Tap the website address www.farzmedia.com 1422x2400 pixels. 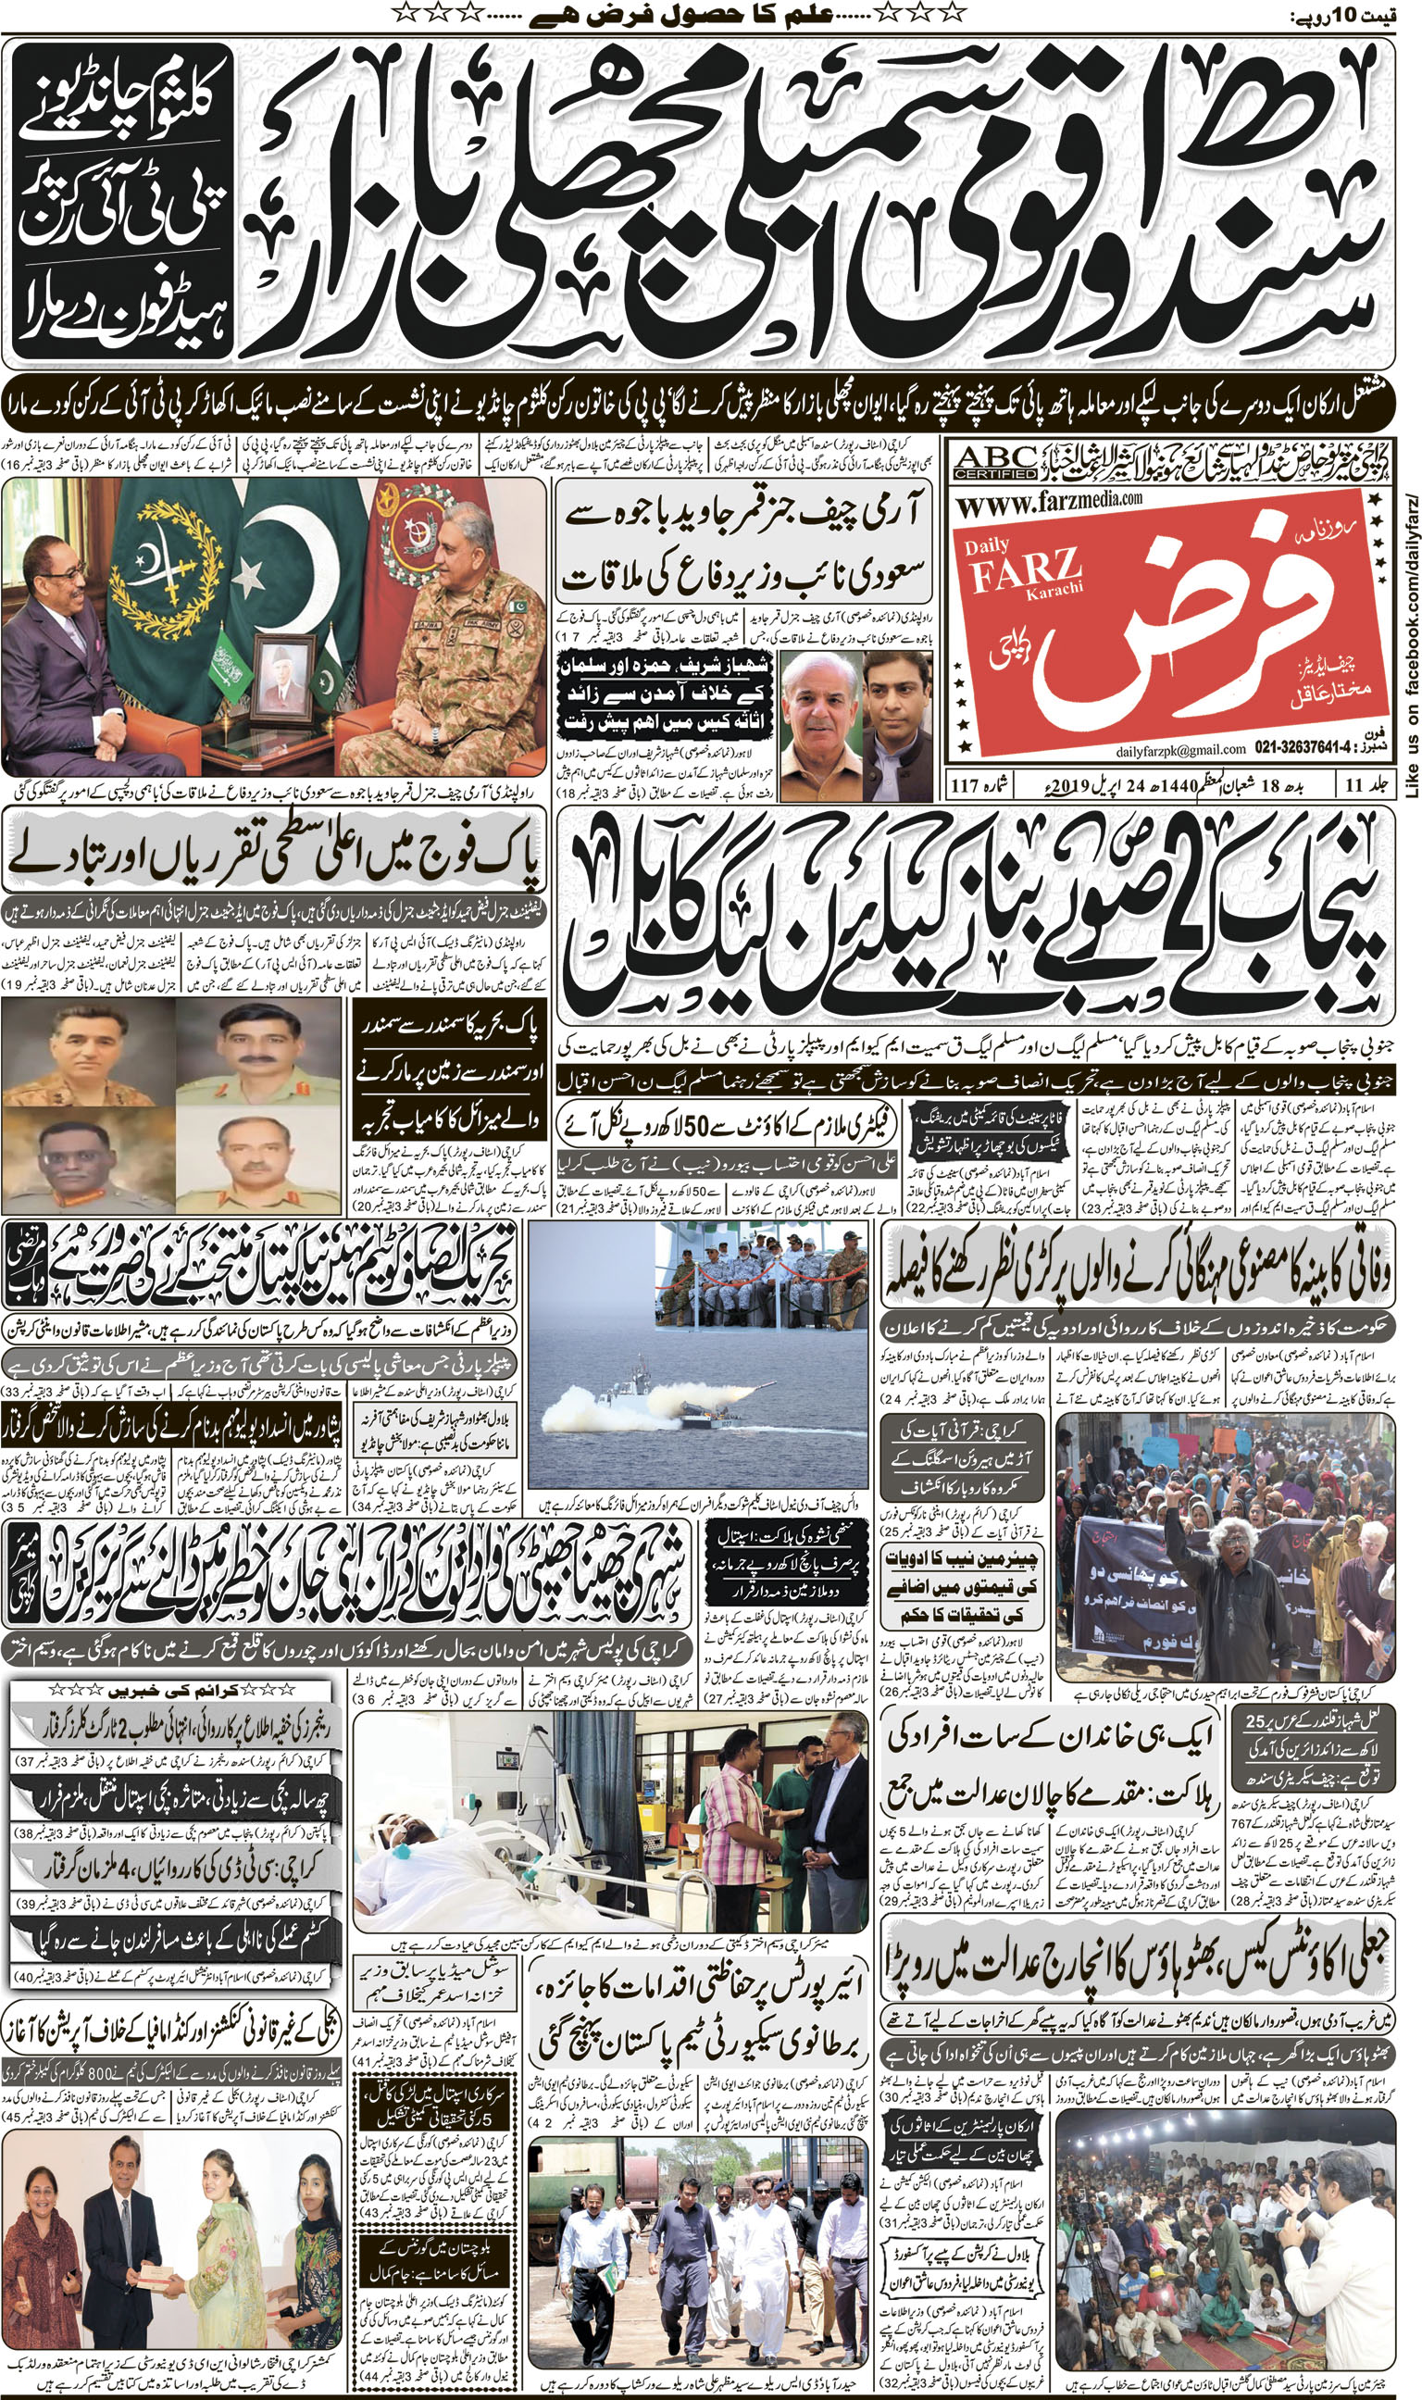[x=1048, y=501]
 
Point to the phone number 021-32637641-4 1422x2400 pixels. [x=1305, y=748]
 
